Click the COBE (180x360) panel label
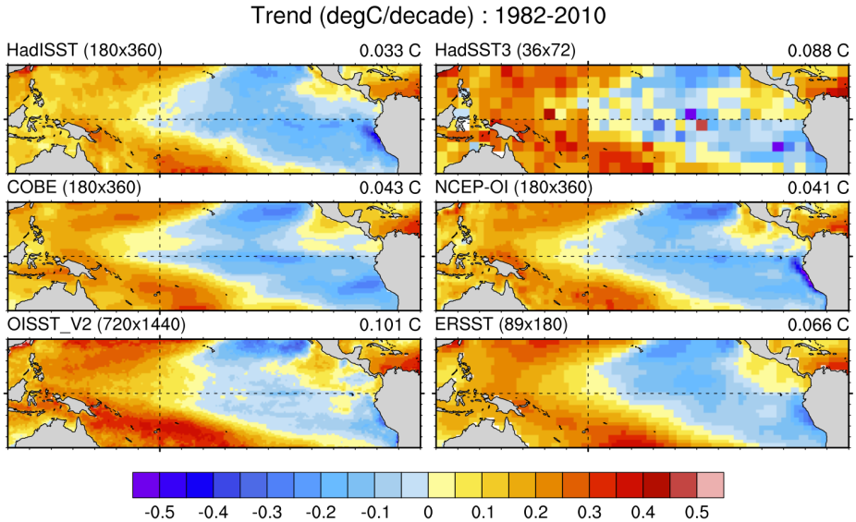(73, 188)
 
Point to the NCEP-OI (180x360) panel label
(513, 188)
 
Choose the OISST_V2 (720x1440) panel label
(97, 324)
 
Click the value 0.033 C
(390, 51)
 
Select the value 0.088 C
(817, 51)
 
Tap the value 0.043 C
(390, 188)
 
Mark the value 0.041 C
(817, 188)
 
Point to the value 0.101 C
(390, 324)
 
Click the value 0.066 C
(817, 324)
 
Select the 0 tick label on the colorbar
(427, 510)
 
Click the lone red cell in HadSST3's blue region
(702, 124)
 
